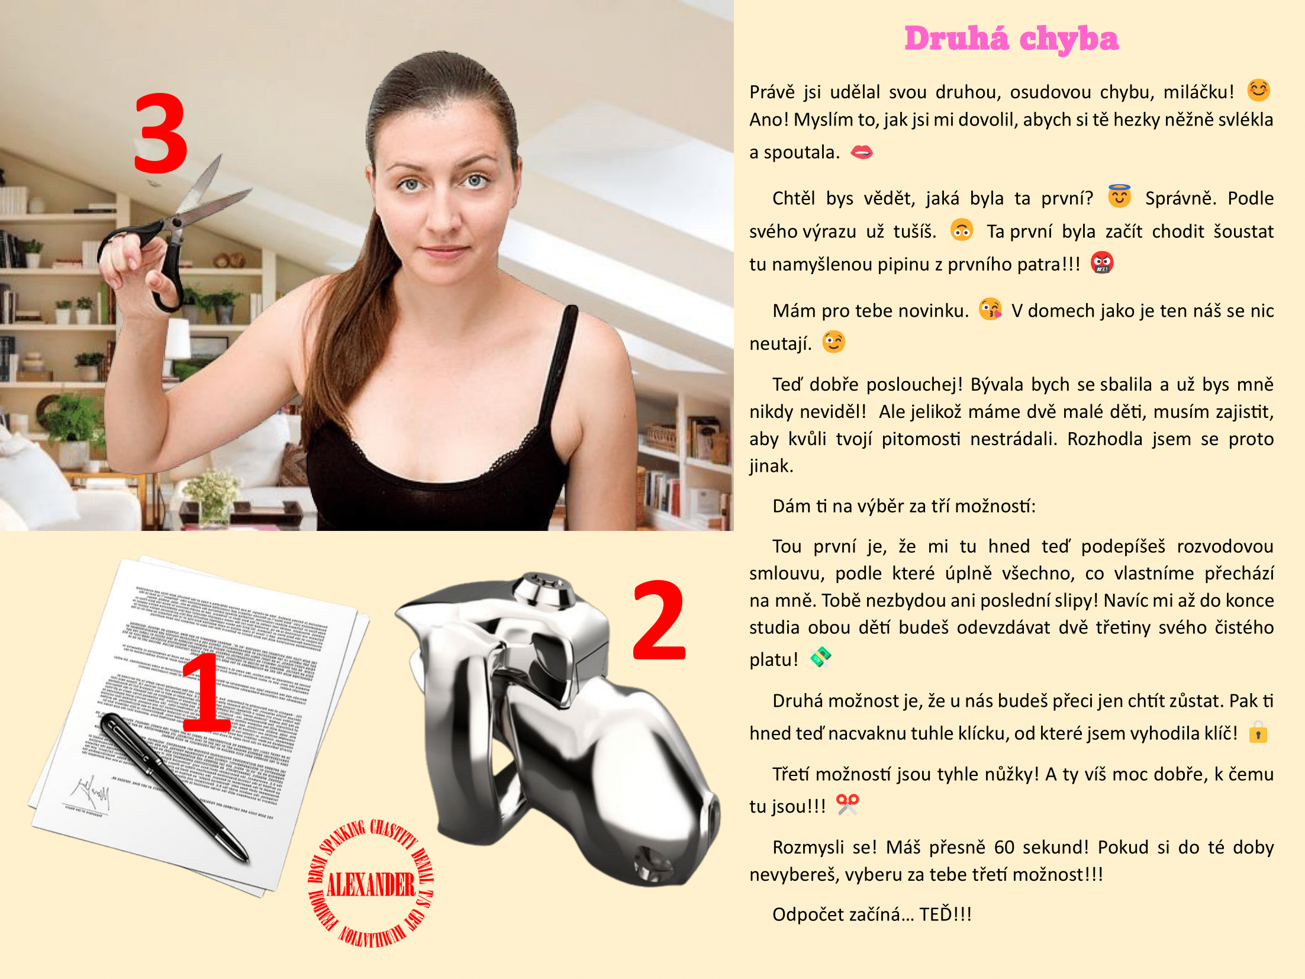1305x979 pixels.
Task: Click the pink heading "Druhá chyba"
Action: click(1011, 39)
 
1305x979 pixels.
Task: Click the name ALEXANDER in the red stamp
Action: click(371, 884)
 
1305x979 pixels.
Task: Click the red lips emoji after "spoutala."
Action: click(861, 153)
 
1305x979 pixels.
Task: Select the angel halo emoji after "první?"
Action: click(1119, 197)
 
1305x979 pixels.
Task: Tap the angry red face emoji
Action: click(1101, 263)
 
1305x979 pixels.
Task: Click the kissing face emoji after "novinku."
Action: click(990, 309)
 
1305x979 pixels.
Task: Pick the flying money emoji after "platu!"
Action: click(821, 658)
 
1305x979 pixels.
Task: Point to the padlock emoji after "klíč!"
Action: click(1258, 733)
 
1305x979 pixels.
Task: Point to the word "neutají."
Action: click(780, 344)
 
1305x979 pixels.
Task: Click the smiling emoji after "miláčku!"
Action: click(1258, 91)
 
